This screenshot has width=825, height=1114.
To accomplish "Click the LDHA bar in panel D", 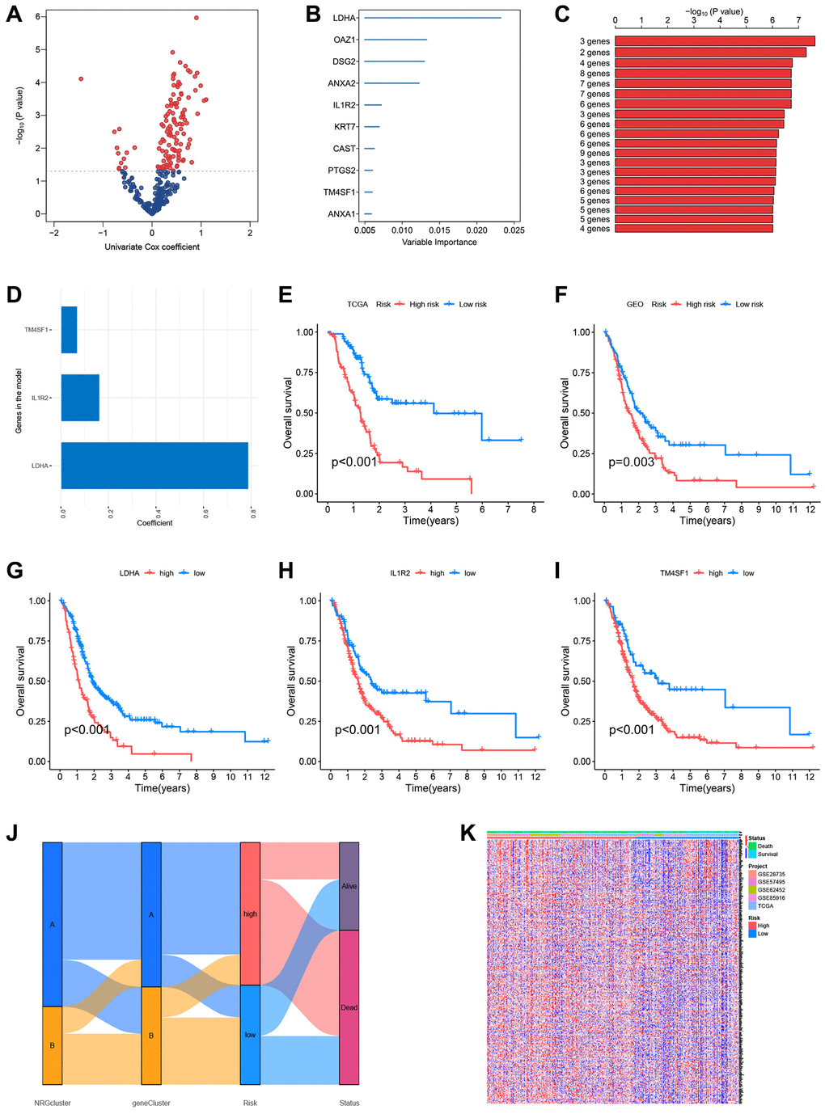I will click(x=154, y=466).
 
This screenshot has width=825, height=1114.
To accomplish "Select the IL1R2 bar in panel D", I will click(x=80, y=398).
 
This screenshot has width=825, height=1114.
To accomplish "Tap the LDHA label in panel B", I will click(x=344, y=18).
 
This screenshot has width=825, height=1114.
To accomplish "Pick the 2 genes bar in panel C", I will click(x=710, y=53).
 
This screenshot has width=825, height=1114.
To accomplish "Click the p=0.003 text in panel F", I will click(x=632, y=462).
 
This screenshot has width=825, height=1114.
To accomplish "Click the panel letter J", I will click(x=12, y=833).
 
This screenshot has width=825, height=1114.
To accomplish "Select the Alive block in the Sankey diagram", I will click(x=349, y=886).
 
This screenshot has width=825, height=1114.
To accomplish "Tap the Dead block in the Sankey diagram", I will click(x=349, y=1007).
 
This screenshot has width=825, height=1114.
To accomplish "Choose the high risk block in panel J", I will click(x=250, y=914).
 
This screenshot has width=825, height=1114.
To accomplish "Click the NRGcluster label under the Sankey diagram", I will click(x=53, y=1103).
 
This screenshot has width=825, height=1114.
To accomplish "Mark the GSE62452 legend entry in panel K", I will click(x=771, y=890).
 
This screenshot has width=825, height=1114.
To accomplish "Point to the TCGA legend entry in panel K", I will click(x=765, y=906).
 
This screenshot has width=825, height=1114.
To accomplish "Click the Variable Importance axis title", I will click(x=439, y=243).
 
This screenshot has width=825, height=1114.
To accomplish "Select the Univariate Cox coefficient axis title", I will click(x=152, y=247).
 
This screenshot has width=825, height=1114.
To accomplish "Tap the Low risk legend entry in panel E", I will click(x=472, y=304).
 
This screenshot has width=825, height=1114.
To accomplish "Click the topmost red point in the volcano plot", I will click(x=196, y=18).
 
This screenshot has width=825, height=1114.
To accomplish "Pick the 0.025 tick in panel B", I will click(x=514, y=230).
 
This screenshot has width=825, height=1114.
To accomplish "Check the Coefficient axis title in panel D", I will click(x=154, y=523).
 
